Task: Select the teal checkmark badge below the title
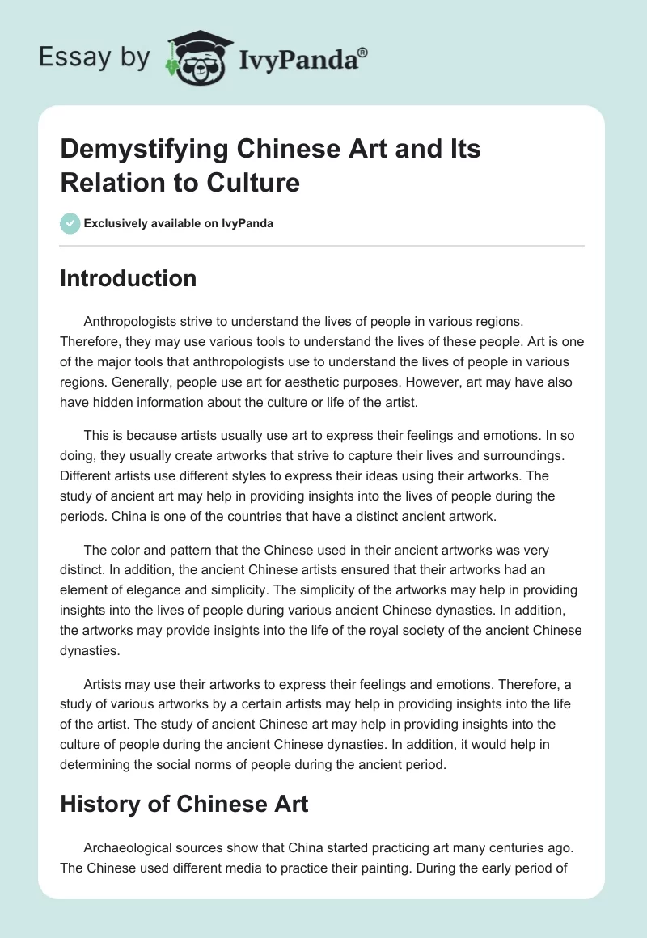70,223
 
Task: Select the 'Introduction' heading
129,278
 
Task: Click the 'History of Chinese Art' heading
185,805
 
